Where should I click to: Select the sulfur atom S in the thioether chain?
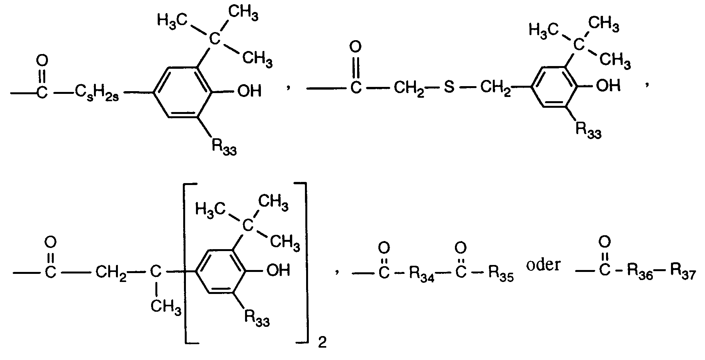(x=449, y=87)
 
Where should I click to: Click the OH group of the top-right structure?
(x=608, y=85)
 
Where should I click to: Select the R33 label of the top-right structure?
(x=588, y=130)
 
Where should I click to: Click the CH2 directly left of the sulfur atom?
(x=410, y=88)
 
